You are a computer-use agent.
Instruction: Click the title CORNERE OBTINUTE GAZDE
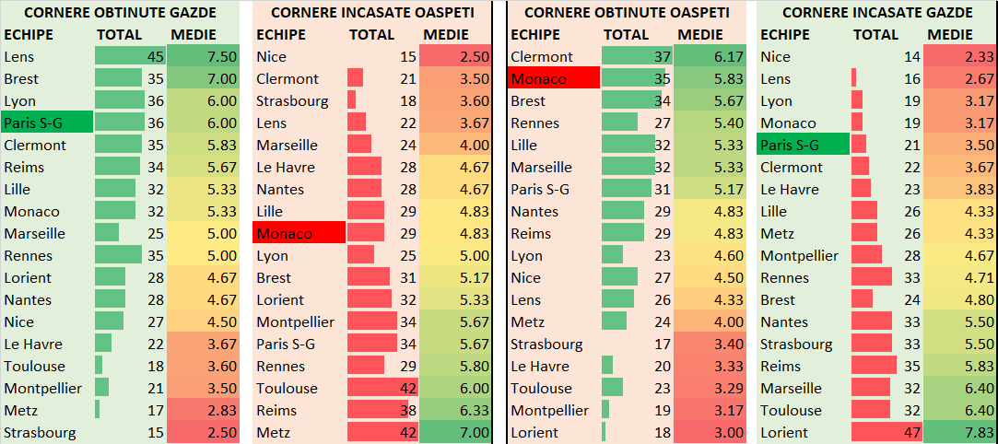pos(121,13)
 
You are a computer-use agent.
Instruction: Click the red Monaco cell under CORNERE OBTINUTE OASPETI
pos(554,79)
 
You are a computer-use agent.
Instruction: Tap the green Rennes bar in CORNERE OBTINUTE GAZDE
pos(118,255)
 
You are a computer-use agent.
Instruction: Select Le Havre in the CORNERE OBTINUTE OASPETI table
pos(541,366)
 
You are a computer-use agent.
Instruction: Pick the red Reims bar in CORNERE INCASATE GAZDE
pos(874,366)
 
